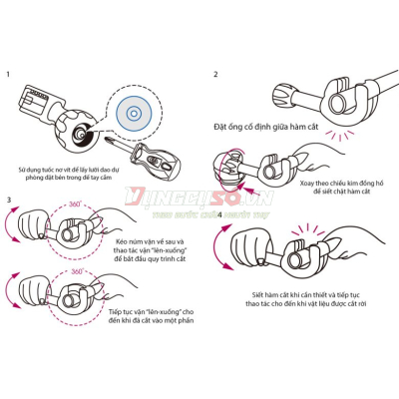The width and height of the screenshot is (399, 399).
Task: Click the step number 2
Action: point(215,74)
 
